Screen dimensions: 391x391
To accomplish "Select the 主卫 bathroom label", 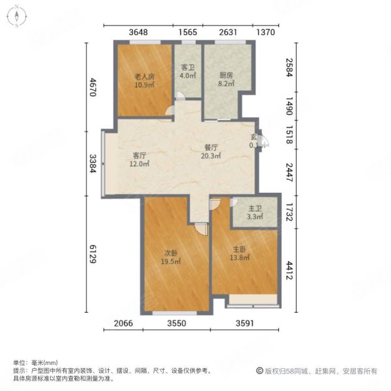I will (254, 209).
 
